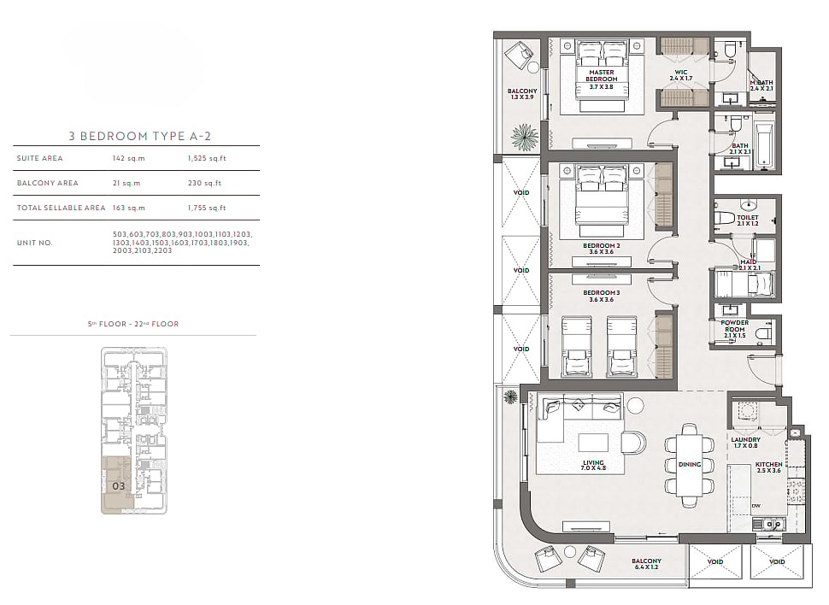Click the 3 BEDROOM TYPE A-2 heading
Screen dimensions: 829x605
pos(139,136)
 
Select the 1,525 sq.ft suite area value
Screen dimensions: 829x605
pos(207,158)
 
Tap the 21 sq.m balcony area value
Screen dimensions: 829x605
pos(126,183)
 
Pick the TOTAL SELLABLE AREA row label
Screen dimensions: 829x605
pos(61,208)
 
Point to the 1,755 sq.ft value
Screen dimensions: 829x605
pos(207,208)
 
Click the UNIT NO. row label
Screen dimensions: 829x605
pos(35,243)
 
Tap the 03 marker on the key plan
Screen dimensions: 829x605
pos(119,486)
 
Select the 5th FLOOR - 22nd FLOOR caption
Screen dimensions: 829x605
pos(133,324)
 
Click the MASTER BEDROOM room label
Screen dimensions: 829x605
pos(602,75)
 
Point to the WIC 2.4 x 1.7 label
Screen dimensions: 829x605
pos(681,75)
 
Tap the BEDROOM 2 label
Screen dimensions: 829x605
pos(602,246)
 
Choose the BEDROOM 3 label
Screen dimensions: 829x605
pos(602,292)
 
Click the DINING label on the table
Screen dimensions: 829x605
pos(690,464)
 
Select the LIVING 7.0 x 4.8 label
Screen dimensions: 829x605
pos(594,466)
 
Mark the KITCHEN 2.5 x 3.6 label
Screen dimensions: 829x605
pos(768,467)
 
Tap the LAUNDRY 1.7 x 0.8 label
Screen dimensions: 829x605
pos(745,443)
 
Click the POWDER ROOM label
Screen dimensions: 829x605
pos(735,326)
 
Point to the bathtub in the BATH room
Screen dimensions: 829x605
pos(765,146)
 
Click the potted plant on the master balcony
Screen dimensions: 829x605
pos(524,137)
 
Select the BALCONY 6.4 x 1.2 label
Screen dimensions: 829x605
pos(646,564)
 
